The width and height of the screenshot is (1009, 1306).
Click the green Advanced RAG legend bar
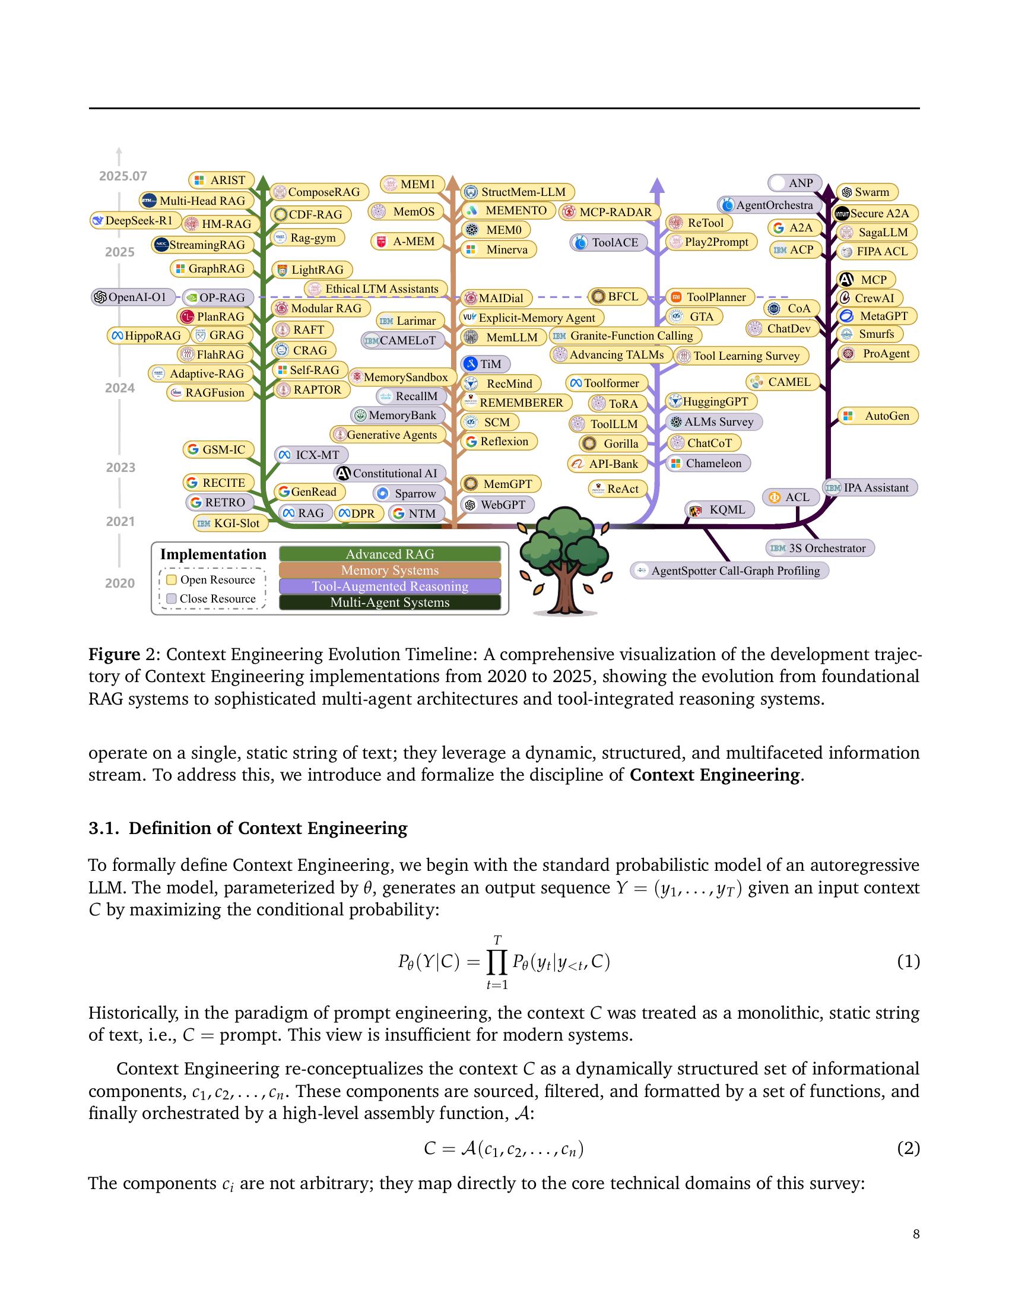pos(390,554)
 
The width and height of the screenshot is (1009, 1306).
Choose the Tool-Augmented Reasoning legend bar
pos(390,587)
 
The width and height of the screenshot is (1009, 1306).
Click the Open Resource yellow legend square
pos(172,580)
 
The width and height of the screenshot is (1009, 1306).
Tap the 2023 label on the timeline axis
pos(120,468)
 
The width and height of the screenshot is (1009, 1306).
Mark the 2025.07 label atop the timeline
pos(122,176)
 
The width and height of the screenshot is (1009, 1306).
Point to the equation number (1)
pos(908,962)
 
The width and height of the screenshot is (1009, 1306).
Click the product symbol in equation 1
pos(497,962)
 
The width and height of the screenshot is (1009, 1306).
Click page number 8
pos(916,1234)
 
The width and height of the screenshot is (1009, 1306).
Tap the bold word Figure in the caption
pos(114,654)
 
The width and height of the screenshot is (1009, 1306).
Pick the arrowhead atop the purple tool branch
pos(657,185)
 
